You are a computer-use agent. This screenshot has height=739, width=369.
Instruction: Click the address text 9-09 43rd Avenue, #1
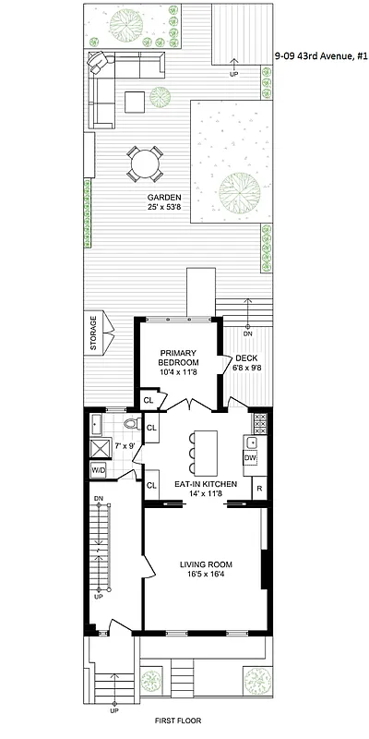tap(320, 56)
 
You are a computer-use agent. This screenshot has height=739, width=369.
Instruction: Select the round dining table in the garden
tap(144, 164)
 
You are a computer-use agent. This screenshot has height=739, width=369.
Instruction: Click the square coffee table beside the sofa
tap(135, 101)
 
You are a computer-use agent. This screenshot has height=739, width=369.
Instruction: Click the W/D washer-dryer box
tap(97, 470)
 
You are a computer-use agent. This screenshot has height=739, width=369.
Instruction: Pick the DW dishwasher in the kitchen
tap(249, 457)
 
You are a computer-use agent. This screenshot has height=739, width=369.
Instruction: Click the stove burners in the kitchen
tap(260, 423)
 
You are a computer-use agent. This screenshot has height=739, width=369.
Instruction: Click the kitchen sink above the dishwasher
tap(251, 442)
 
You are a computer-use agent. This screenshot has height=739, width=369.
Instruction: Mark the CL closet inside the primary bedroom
tap(148, 400)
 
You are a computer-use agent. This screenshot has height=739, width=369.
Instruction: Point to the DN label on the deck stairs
tap(246, 333)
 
